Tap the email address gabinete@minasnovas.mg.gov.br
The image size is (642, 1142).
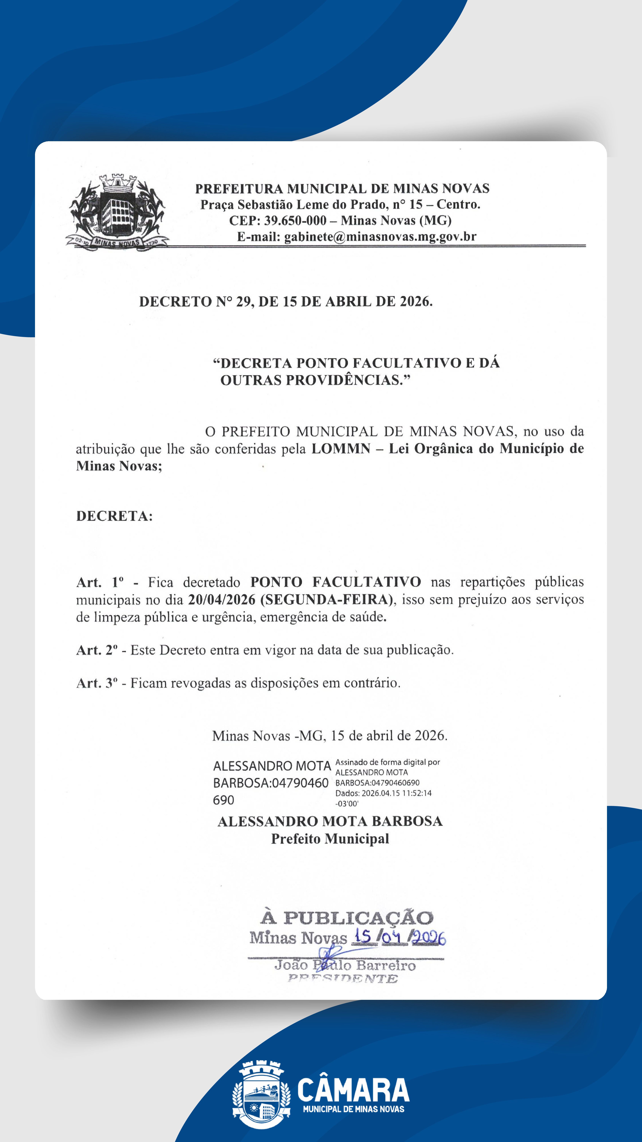click(x=380, y=237)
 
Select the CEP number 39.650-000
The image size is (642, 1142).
click(x=295, y=220)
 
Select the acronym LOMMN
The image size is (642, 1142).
click(x=341, y=449)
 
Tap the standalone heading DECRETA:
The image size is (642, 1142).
click(x=114, y=516)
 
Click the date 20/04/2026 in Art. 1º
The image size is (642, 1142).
click(x=222, y=600)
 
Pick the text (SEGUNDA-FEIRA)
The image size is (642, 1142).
click(x=327, y=600)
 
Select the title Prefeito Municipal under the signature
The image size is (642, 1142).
click(x=330, y=839)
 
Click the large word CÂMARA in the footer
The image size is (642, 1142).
click(x=353, y=1090)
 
